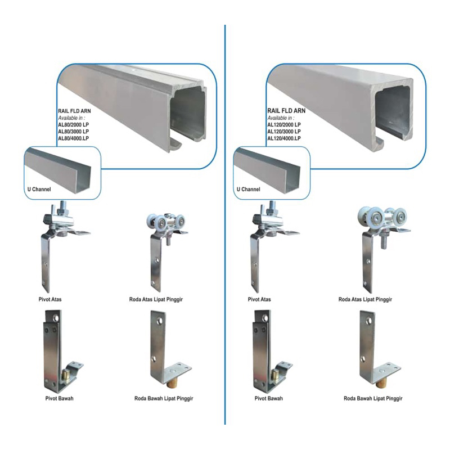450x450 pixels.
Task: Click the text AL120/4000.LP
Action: coord(283,138)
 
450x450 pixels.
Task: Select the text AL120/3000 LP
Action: coord(283,131)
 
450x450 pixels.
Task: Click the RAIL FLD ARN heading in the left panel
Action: coord(75,111)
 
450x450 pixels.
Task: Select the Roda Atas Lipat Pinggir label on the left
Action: coord(156,299)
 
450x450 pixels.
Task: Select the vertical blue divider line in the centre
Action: coord(225,225)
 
